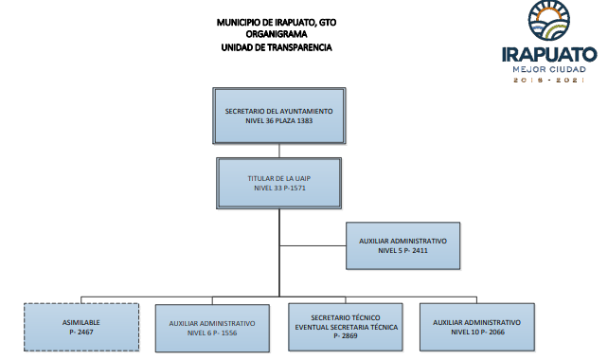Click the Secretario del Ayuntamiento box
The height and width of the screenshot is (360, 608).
coord(279,116)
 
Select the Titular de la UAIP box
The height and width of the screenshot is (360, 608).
coord(279,183)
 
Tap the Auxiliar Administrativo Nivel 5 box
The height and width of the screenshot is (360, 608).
coord(402,245)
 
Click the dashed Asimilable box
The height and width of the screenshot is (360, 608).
coord(81,327)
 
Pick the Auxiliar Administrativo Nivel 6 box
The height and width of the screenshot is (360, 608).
coord(212,328)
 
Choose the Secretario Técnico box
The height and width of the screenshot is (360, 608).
coord(346,327)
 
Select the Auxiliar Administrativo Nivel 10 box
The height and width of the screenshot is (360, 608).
coord(477,327)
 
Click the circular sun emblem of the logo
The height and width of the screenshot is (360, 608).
coord(549,21)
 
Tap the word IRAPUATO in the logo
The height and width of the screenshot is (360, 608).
coord(549,55)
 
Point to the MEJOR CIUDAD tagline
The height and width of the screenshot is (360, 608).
coord(549,69)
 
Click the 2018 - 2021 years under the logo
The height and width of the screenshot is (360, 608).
coord(549,80)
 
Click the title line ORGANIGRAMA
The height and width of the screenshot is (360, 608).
coord(277,34)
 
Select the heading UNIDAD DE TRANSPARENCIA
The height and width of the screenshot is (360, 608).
coord(277,47)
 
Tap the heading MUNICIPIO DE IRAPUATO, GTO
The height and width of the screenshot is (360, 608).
coord(277,22)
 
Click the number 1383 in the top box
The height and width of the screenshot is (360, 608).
coord(305,120)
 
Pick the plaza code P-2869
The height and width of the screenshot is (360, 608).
coord(346,336)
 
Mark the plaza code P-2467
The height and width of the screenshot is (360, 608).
coord(81,333)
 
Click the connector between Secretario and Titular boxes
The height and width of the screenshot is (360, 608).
coord(279,151)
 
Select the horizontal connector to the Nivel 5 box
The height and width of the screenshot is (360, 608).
coord(313,245)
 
